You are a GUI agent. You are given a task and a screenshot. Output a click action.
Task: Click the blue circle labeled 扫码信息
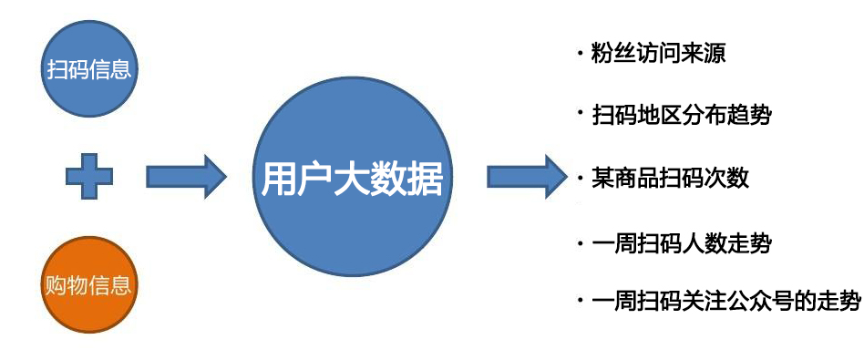coord(88,69)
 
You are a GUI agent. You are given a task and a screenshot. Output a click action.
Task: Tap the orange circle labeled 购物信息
coord(88,284)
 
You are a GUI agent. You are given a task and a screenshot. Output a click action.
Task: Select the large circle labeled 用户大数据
coord(352,178)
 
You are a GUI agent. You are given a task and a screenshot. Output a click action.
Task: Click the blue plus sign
coord(88,176)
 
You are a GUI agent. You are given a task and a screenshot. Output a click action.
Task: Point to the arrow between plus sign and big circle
coord(186,176)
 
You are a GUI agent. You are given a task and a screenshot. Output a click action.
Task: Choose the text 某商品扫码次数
coord(670,178)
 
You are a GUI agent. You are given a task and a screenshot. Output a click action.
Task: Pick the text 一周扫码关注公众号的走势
coord(725,300)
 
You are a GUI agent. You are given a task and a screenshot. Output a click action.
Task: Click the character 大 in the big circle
coord(352,179)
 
